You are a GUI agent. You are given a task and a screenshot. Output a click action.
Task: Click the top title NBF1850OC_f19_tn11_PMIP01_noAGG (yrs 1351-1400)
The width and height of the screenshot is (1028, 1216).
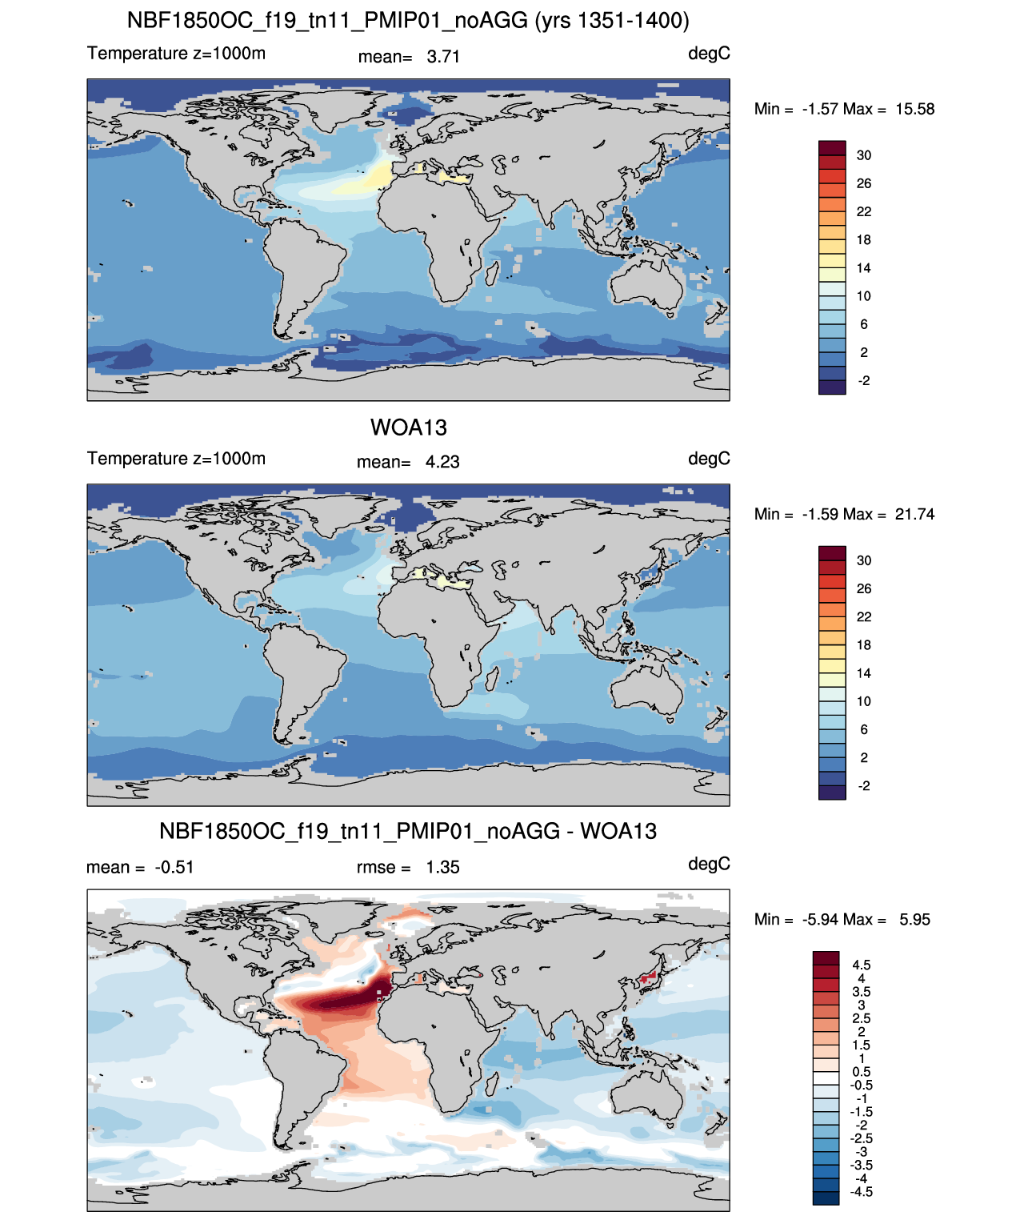tap(408, 21)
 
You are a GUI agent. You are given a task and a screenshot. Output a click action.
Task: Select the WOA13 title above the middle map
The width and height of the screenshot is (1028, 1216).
tap(409, 427)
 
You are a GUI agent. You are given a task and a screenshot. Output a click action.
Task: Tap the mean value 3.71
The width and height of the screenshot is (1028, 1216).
tap(443, 57)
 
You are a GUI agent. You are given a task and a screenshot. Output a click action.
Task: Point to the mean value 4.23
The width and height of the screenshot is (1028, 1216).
tap(442, 463)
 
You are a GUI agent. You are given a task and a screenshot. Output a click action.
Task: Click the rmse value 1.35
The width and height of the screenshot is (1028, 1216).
tap(442, 868)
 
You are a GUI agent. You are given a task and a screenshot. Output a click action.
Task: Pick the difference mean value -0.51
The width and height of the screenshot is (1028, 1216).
tap(174, 868)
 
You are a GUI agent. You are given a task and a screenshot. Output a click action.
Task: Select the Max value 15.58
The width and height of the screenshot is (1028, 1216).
tap(914, 110)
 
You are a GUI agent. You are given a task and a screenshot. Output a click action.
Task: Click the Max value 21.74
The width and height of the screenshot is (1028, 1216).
tap(914, 515)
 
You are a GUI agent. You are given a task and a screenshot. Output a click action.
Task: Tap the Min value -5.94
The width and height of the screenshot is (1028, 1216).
tap(822, 920)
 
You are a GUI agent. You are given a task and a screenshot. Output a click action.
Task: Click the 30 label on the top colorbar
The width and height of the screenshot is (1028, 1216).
tap(863, 156)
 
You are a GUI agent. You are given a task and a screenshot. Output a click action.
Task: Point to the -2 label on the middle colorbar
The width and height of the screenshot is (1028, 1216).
tap(863, 787)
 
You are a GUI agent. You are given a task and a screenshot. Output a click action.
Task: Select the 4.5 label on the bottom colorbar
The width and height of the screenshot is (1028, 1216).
tap(862, 965)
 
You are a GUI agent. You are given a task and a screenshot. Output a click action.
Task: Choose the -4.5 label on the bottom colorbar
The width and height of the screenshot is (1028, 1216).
tap(861, 1193)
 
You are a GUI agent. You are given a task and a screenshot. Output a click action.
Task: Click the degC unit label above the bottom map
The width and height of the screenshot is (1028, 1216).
tap(709, 865)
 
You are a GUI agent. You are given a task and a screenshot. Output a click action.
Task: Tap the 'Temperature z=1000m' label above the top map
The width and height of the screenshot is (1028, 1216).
tap(176, 54)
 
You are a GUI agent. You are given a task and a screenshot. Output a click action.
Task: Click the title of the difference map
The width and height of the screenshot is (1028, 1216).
tap(408, 831)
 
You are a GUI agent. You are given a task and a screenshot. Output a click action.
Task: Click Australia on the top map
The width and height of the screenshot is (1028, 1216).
tap(646, 283)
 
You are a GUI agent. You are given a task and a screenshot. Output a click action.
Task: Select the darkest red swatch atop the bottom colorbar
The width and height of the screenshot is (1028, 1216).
tap(826, 957)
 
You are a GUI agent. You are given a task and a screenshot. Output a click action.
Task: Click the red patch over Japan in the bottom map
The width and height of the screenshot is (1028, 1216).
tap(649, 978)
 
